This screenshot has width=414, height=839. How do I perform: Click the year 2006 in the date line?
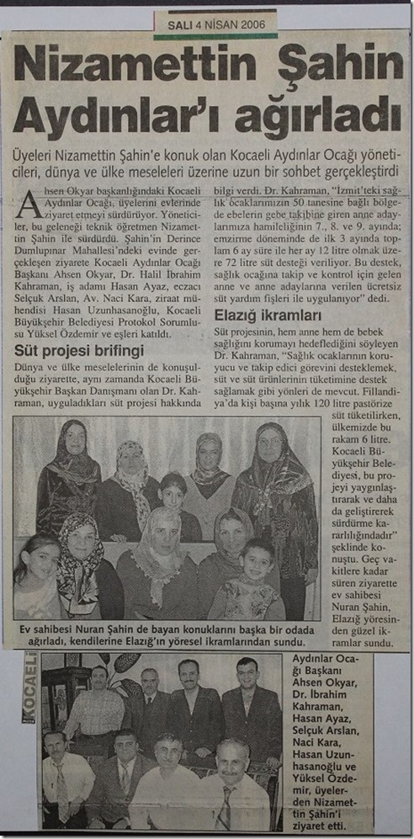(x=249, y=24)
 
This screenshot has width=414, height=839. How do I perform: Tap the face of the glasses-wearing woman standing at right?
(x=271, y=442)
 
